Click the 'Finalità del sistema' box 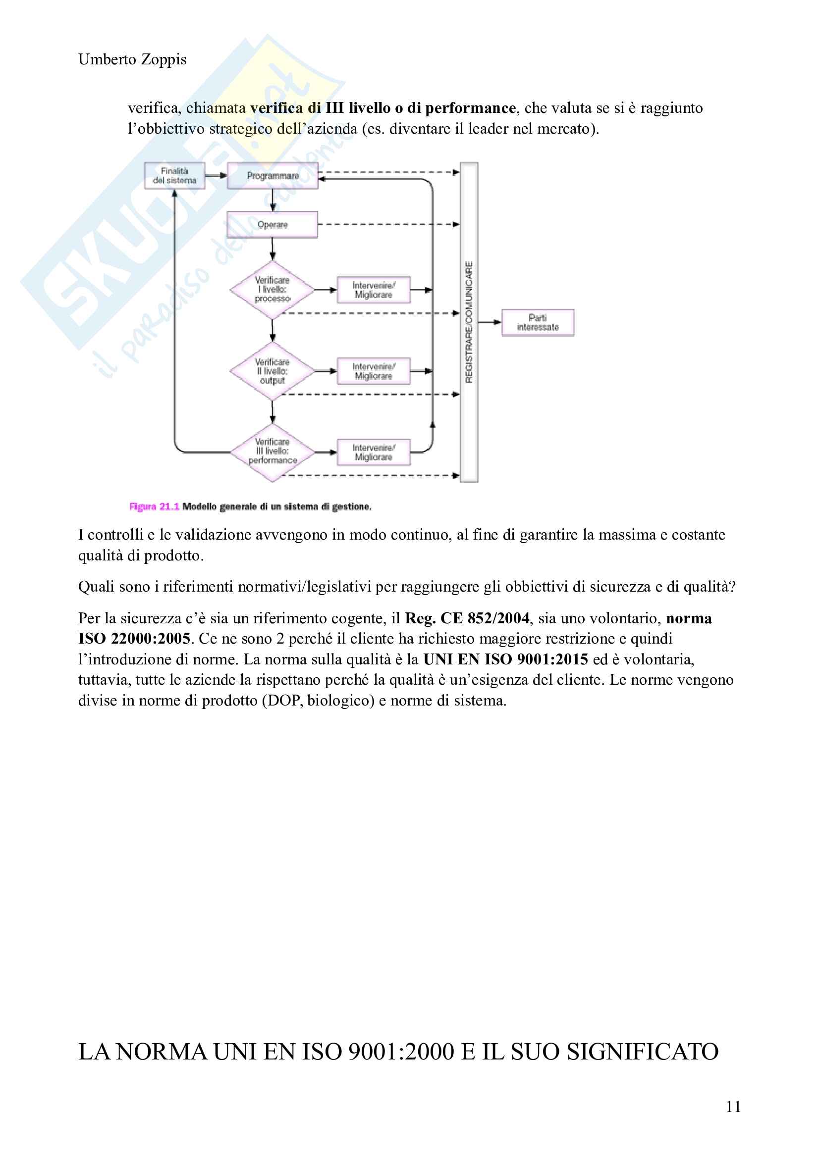point(174,176)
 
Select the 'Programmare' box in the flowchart point(273,176)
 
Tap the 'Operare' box point(273,224)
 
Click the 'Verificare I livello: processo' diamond point(273,290)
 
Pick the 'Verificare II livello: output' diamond point(273,371)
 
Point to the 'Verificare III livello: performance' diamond point(273,452)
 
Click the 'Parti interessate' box point(538,323)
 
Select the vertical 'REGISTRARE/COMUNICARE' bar point(469,322)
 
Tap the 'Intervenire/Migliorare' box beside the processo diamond point(374,290)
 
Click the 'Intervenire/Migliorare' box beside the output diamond point(374,371)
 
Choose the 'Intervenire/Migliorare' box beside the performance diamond point(374,453)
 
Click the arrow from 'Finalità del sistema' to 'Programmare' point(216,176)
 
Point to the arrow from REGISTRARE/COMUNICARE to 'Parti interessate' point(490,322)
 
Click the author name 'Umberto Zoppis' point(132,59)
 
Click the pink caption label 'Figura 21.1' point(155,506)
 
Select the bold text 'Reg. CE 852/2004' point(467,618)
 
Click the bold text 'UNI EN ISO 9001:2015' point(506,659)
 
